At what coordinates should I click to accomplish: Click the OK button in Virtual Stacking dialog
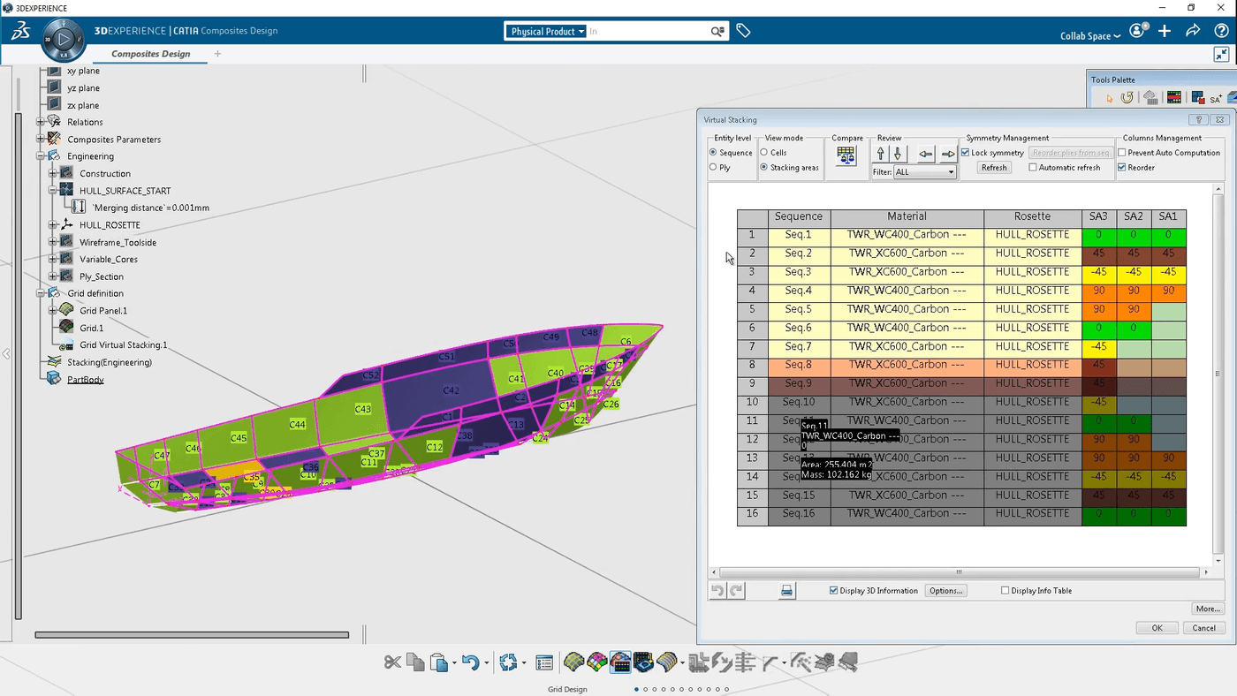(x=1157, y=628)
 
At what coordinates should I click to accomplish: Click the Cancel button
(x=1203, y=628)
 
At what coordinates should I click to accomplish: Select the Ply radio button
(x=714, y=168)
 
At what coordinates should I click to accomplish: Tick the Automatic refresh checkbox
(x=1033, y=168)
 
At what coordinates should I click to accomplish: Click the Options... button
(x=945, y=591)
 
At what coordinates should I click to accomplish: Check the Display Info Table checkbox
(x=1006, y=591)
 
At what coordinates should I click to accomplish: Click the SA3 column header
(x=1098, y=217)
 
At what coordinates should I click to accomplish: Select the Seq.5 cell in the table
(x=798, y=309)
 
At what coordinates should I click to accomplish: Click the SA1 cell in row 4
(x=1168, y=291)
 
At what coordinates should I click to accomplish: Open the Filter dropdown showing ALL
(x=924, y=172)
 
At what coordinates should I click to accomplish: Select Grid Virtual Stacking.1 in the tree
(x=123, y=345)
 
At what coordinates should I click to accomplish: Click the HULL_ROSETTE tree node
(x=110, y=225)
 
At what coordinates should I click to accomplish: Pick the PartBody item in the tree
(x=86, y=380)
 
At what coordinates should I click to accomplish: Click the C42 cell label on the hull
(x=451, y=390)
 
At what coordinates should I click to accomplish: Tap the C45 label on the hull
(x=239, y=438)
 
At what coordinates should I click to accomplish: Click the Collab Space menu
(x=1090, y=36)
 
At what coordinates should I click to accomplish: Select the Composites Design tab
(x=151, y=54)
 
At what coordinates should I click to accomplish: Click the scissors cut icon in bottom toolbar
(x=392, y=662)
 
